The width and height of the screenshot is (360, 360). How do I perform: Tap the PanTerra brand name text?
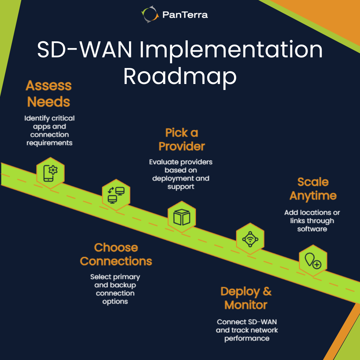click(185, 15)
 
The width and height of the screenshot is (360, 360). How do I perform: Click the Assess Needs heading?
click(49, 93)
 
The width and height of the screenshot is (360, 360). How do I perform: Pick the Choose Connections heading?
click(116, 254)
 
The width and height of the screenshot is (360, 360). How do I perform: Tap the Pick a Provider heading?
click(182, 139)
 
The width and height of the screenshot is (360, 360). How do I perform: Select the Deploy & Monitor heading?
click(246, 298)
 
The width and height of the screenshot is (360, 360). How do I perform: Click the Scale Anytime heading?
click(313, 189)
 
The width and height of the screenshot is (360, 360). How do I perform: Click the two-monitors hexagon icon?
click(116, 195)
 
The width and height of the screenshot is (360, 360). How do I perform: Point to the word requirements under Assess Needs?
click(49, 143)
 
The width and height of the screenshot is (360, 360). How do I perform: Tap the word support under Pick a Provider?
click(181, 187)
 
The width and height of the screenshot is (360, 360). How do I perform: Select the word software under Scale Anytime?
click(312, 229)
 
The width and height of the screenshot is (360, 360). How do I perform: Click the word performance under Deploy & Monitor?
click(247, 338)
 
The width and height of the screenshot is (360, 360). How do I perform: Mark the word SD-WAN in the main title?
click(85, 50)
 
